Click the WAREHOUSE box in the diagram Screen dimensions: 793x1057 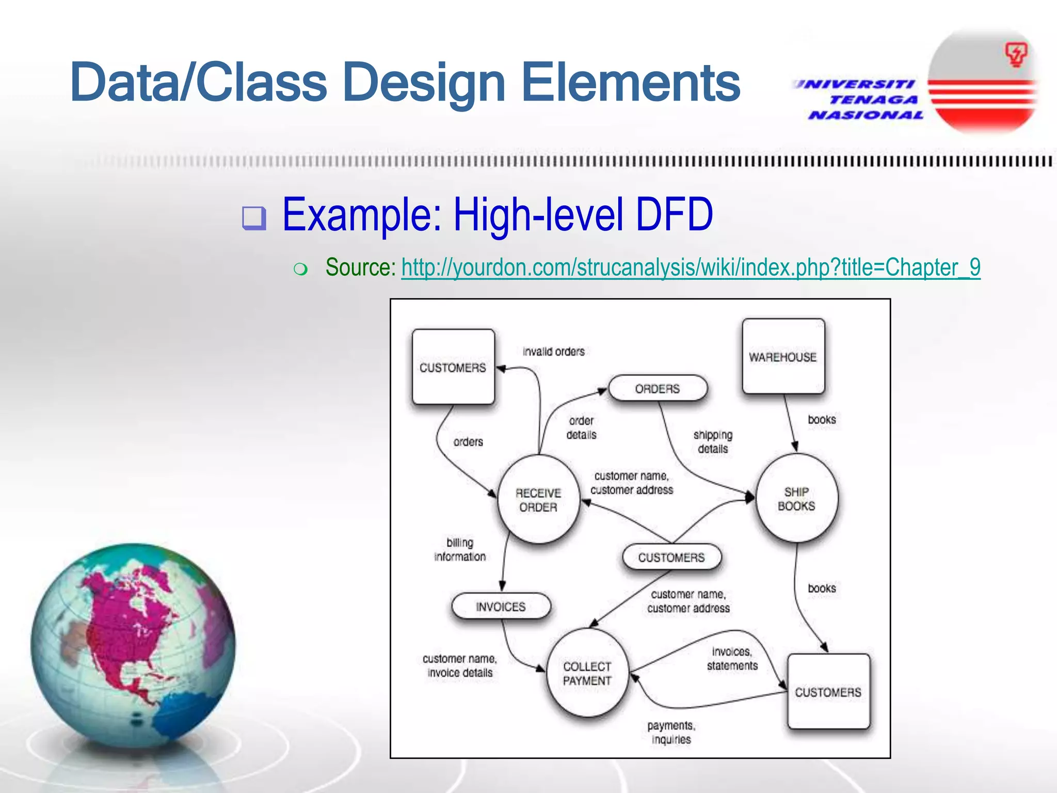783,357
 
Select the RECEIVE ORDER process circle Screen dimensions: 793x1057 538,500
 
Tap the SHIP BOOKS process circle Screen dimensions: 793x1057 796,499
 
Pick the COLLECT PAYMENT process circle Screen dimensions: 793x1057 587,673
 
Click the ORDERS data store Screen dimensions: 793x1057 658,389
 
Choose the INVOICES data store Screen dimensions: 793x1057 501,607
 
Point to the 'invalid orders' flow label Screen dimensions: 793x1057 553,352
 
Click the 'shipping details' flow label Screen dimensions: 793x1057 713,442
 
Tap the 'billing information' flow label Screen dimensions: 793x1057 460,549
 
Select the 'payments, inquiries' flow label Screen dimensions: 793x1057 671,732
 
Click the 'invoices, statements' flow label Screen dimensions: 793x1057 732,659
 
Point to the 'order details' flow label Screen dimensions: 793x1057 581,427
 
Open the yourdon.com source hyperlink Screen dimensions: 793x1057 691,267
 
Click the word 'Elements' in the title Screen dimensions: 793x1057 631,83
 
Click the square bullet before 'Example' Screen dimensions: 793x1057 254,218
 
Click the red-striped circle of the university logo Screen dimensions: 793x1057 983,83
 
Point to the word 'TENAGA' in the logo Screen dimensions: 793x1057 874,100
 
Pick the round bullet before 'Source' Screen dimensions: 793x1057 300,269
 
